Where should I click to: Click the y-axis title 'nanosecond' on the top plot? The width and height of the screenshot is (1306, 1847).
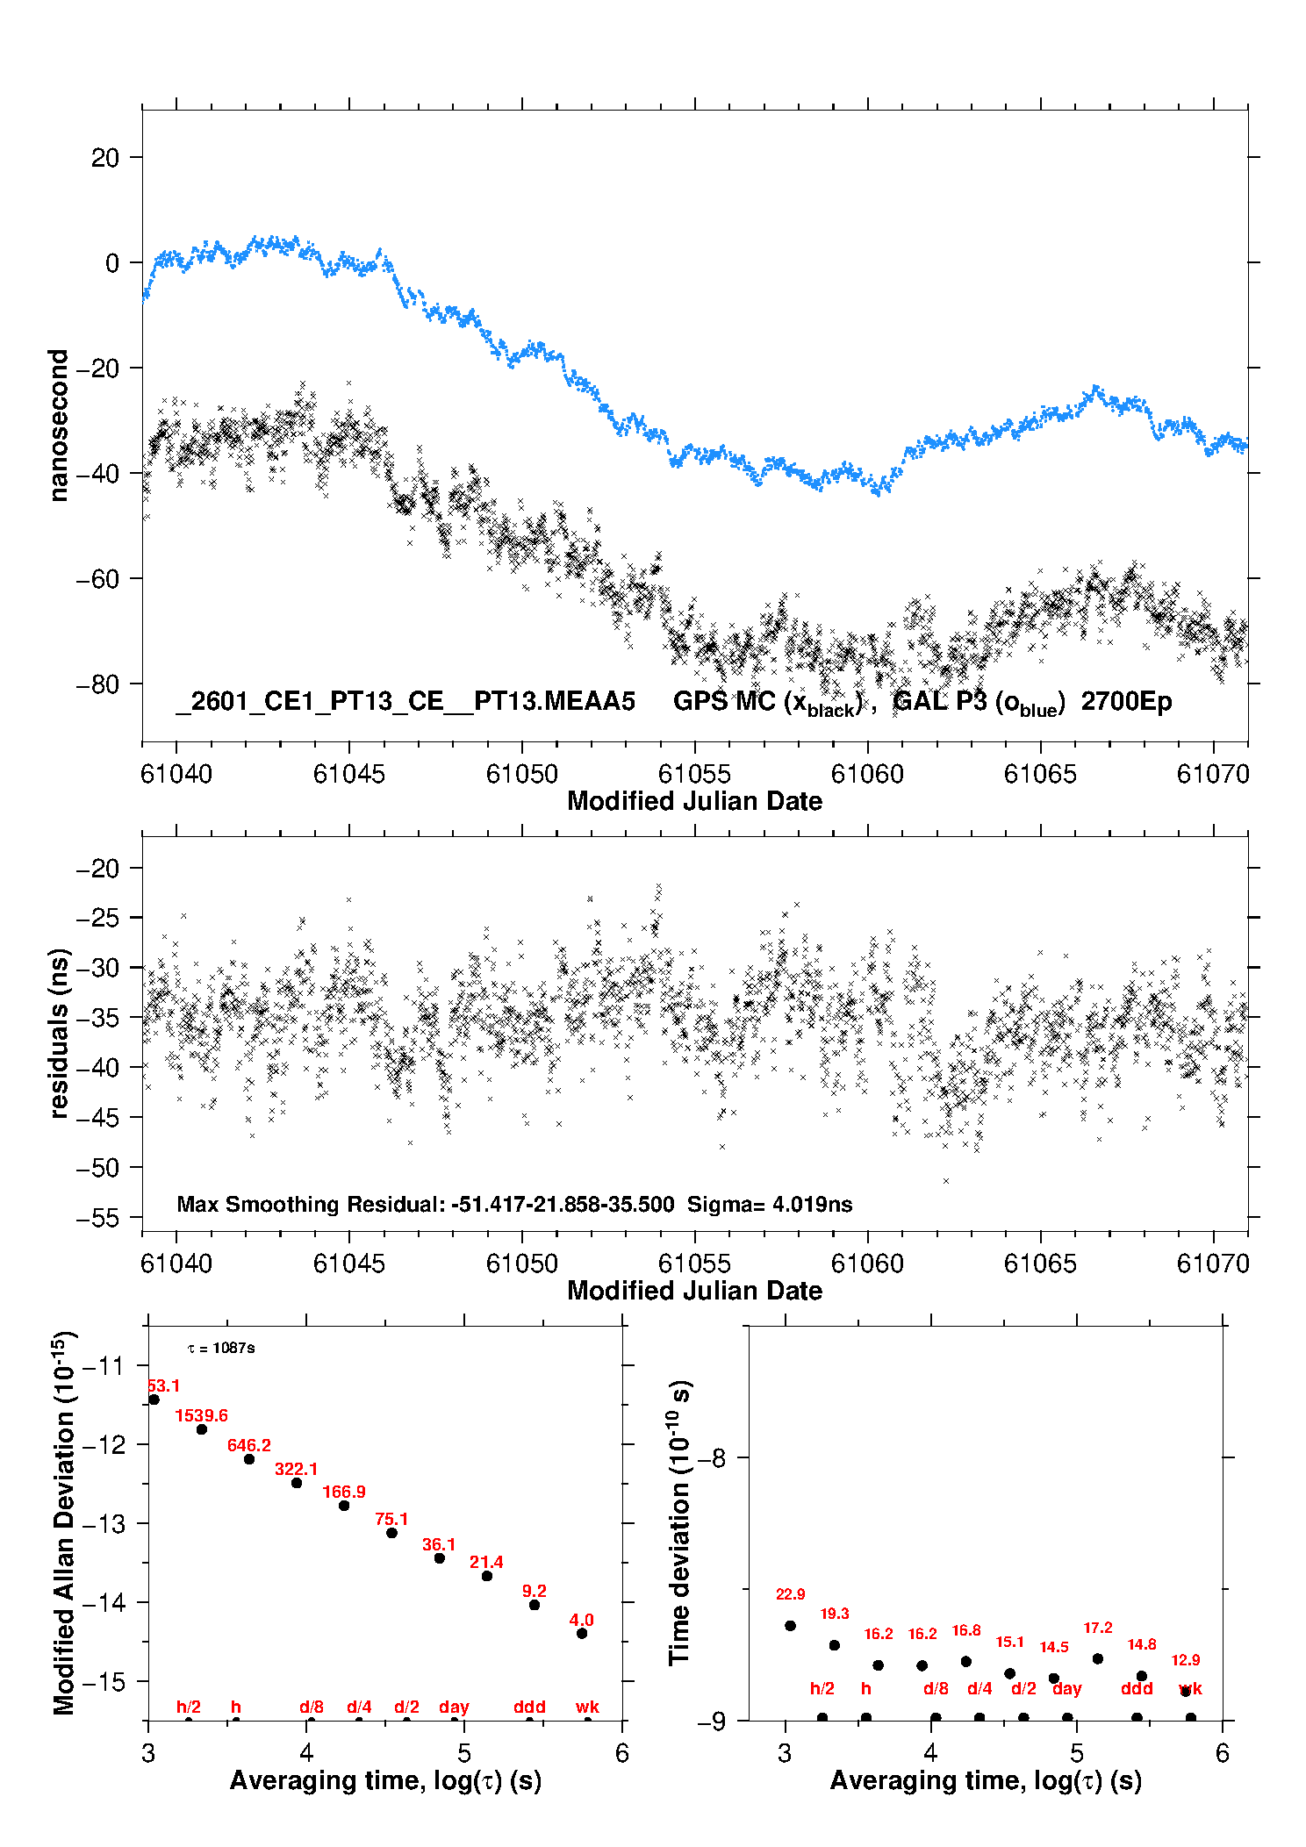pos(58,426)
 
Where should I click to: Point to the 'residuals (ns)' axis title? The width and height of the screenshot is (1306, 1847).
pos(58,1033)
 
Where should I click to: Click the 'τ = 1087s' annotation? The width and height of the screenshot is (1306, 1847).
pos(221,1348)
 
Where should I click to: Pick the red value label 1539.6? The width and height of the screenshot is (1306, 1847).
pos(201,1415)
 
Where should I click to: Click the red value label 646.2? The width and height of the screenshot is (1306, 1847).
pos(249,1445)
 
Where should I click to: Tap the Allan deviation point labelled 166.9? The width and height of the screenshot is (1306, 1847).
pos(344,1506)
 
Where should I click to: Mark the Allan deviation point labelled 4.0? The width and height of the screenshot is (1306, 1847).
pos(582,1633)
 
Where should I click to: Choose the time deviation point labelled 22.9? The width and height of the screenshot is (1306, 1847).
pos(790,1626)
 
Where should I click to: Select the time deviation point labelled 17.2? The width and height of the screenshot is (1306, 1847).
pos(1098,1658)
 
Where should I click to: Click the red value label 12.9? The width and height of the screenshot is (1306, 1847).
pos(1186,1660)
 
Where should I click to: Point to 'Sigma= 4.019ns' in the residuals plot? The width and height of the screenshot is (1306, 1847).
pos(770,1204)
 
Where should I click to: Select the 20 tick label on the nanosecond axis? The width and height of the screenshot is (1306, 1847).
pos(105,158)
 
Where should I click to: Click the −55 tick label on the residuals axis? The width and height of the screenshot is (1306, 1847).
pos(97,1218)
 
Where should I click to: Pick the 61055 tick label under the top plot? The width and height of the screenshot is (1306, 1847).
pos(694,774)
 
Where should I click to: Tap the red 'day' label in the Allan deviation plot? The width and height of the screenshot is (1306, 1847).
pos(454,1707)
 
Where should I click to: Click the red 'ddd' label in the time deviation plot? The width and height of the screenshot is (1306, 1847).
pos(1137,1688)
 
